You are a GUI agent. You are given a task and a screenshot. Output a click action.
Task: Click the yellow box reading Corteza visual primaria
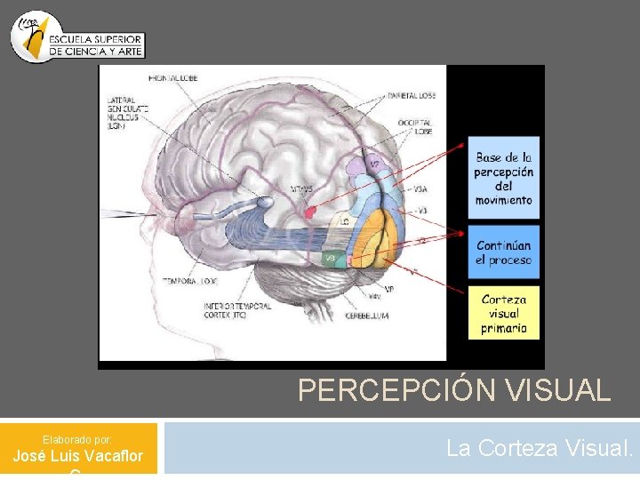point(504,313)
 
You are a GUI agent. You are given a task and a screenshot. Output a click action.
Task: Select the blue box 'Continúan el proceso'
point(503,252)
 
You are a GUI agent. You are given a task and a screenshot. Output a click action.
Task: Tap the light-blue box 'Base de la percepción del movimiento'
point(503,178)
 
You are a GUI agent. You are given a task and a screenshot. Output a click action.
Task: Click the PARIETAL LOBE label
point(411,94)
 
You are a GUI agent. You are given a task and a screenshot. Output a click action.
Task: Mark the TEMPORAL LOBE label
point(189,281)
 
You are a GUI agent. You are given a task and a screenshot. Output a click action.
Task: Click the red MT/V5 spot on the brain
point(309,212)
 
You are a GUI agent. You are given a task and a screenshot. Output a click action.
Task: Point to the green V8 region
point(332,258)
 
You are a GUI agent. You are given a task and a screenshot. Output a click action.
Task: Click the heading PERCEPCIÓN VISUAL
point(454,390)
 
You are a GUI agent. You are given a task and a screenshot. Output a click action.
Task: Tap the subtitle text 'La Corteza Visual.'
point(540,448)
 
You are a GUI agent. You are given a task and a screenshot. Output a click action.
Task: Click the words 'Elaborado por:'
point(76,439)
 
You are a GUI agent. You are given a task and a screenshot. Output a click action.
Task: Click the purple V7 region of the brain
point(374,164)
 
